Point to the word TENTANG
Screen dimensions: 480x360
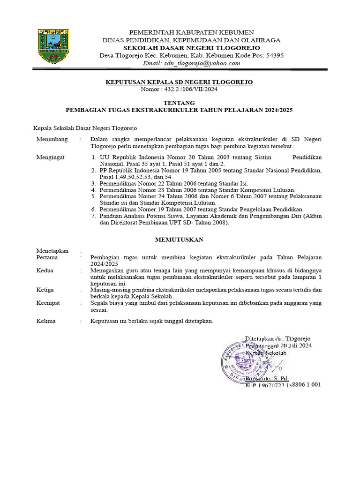click(179, 103)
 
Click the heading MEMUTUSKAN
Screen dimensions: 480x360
click(179, 239)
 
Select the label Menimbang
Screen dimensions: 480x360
click(52, 139)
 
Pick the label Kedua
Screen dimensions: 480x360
click(45, 270)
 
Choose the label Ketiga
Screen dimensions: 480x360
click(45, 290)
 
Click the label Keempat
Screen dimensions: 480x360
click(48, 303)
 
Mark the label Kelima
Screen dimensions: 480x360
click(46, 321)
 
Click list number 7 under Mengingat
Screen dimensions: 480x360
click(94, 216)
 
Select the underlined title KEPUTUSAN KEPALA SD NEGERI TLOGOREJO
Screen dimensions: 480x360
click(179, 82)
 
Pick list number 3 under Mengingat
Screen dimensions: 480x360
click(94, 183)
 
